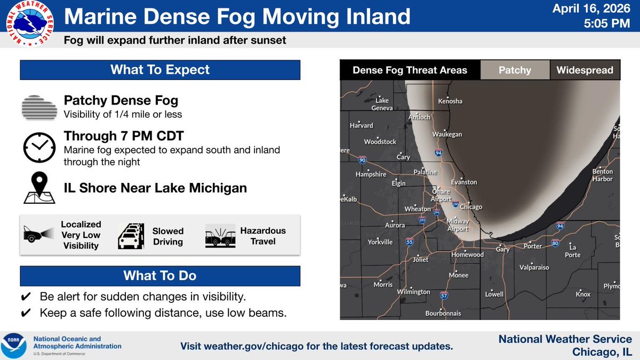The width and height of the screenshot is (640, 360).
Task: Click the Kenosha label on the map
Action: [x=450, y=101]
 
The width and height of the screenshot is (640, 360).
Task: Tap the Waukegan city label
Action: [x=447, y=134]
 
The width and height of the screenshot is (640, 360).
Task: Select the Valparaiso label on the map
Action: [x=535, y=268]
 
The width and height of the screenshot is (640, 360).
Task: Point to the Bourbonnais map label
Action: [x=443, y=313]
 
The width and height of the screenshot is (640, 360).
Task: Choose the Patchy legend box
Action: [x=515, y=70]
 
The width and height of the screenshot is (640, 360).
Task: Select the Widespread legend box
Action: [x=585, y=70]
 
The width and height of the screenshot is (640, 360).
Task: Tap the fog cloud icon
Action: [x=39, y=108]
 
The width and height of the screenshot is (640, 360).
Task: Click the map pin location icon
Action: [x=39, y=188]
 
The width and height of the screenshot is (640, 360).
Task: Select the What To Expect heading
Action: [x=160, y=70]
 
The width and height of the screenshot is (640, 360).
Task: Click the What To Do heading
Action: [x=160, y=276]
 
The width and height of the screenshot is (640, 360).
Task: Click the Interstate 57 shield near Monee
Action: [x=444, y=295]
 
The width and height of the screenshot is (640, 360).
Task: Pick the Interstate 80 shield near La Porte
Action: [x=555, y=243]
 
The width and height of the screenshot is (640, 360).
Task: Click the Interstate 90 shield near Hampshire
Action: [x=363, y=160]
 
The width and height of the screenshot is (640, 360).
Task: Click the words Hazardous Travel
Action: [x=263, y=236]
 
